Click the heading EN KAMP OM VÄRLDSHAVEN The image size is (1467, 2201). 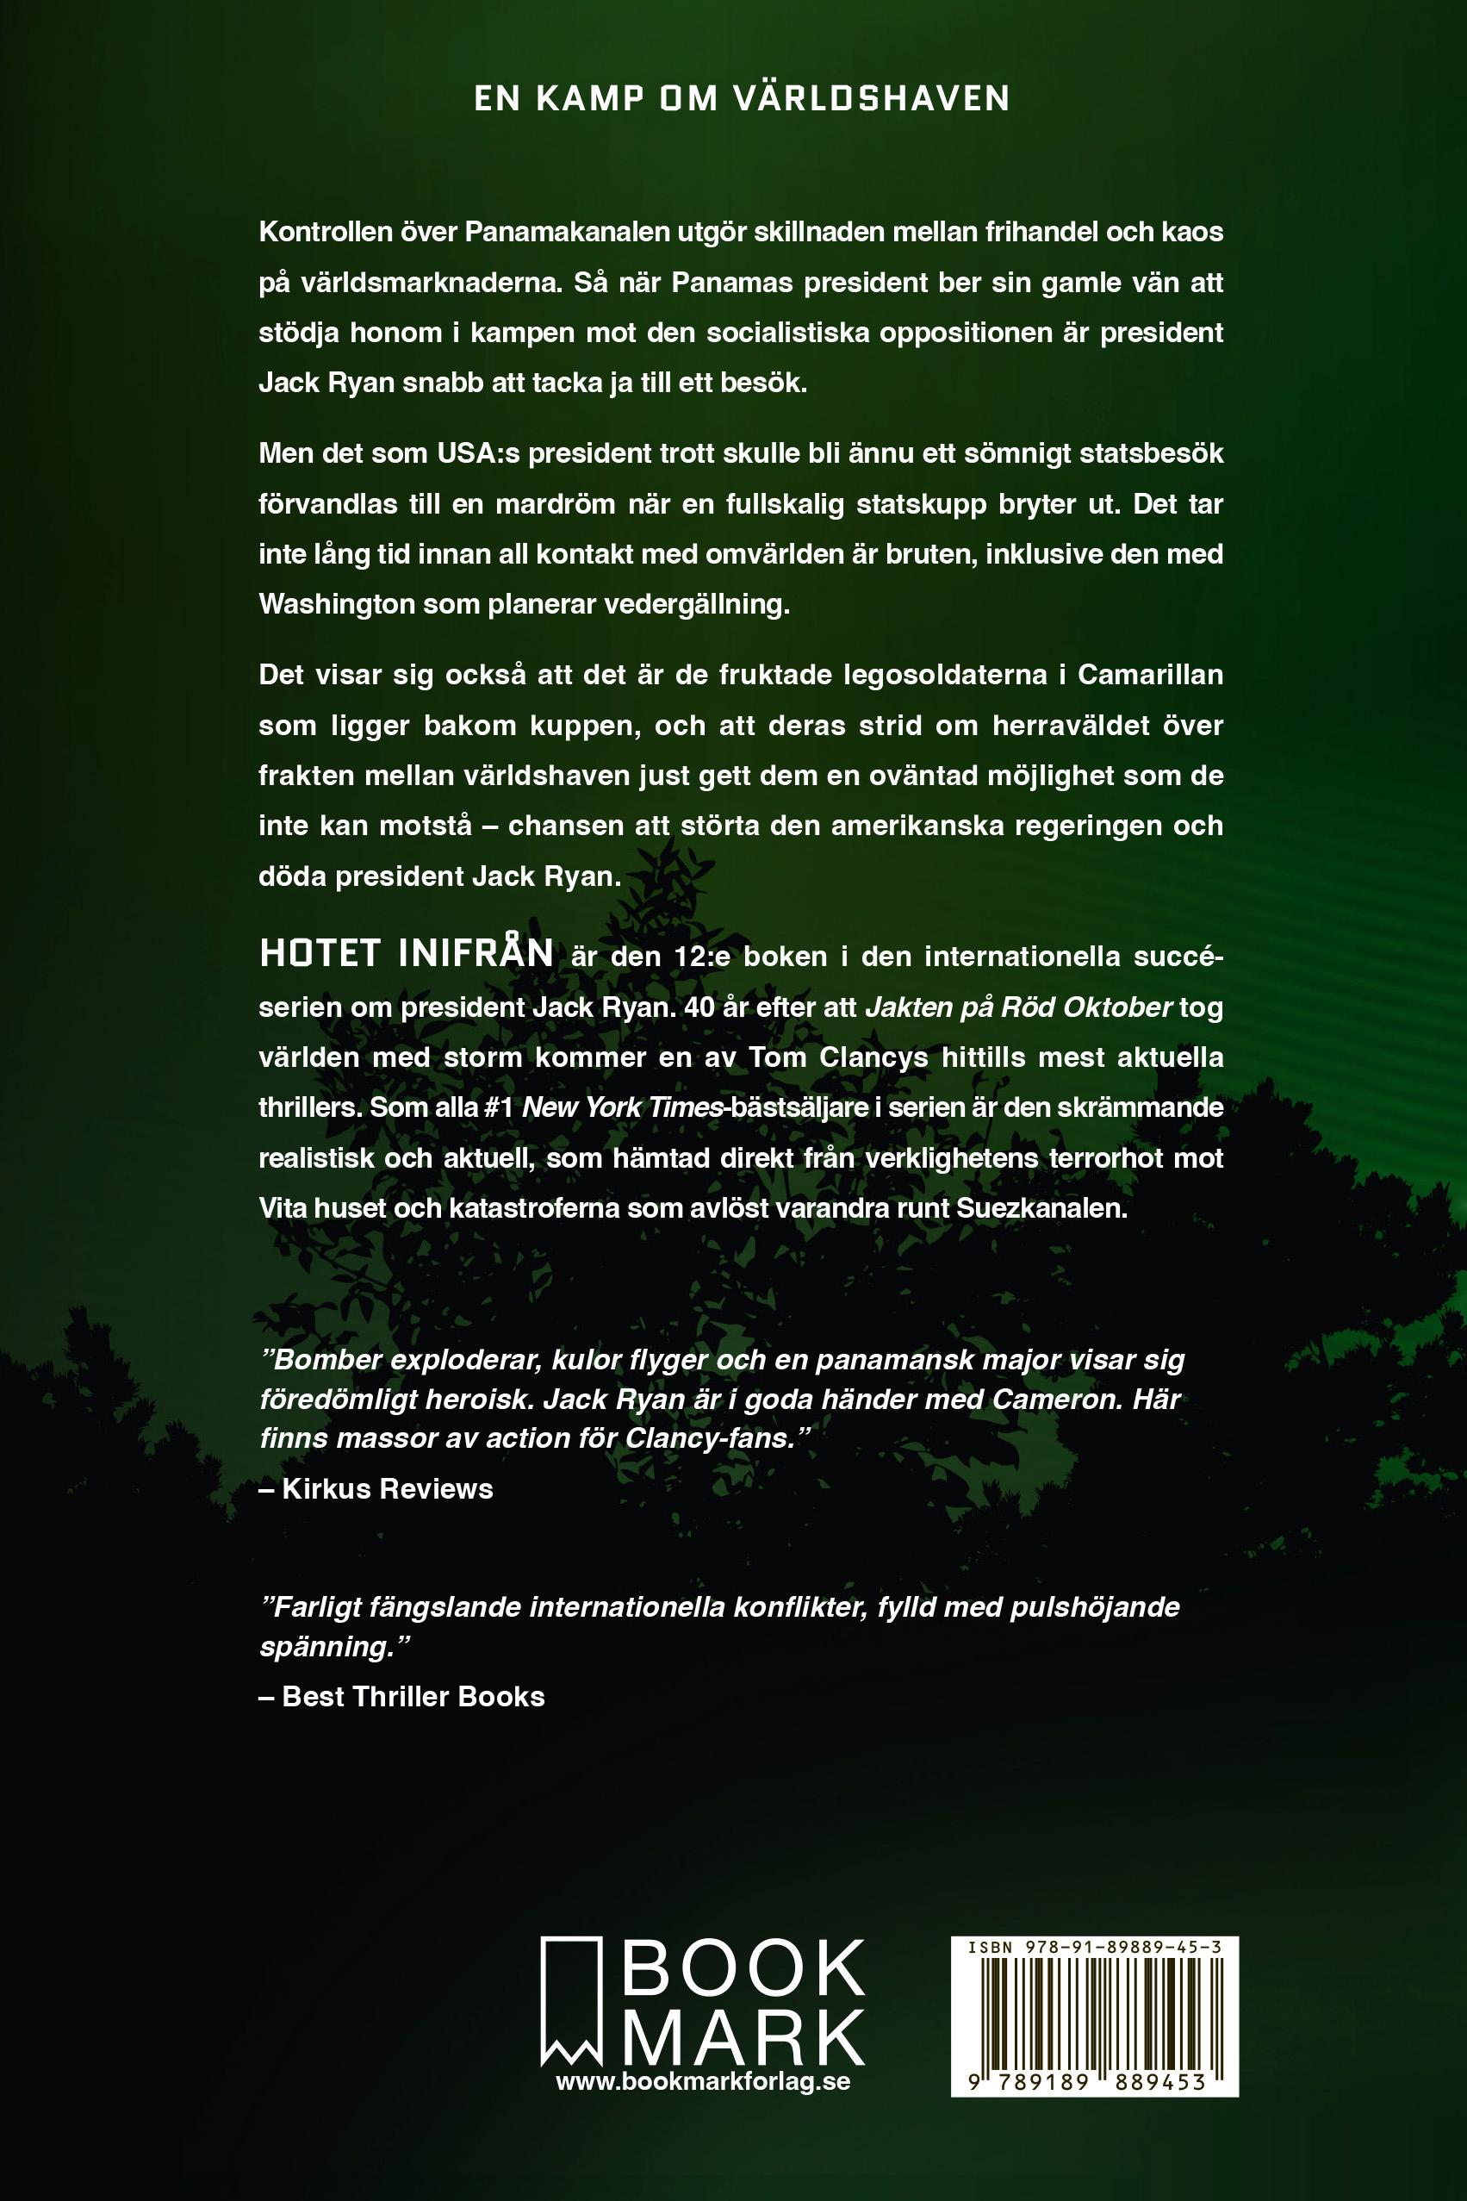coord(742,99)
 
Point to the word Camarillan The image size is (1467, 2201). coord(1150,675)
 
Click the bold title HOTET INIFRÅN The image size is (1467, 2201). coord(407,955)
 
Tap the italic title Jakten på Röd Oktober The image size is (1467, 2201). coord(1019,1007)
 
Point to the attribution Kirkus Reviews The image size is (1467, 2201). coord(388,1489)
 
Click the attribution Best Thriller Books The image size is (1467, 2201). coord(413,1697)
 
